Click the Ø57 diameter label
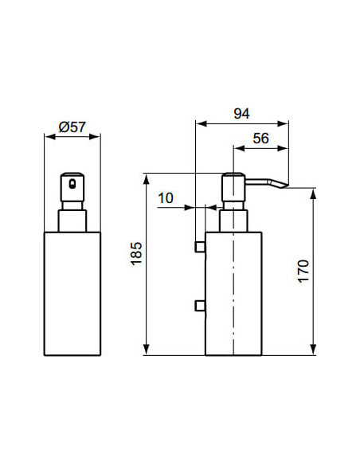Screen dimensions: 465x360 point(72,126)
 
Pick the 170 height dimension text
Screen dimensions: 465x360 point(303,273)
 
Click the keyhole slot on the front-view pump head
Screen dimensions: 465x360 point(72,184)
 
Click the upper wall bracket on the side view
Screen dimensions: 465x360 point(200,248)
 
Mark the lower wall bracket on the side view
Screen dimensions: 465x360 point(200,305)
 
